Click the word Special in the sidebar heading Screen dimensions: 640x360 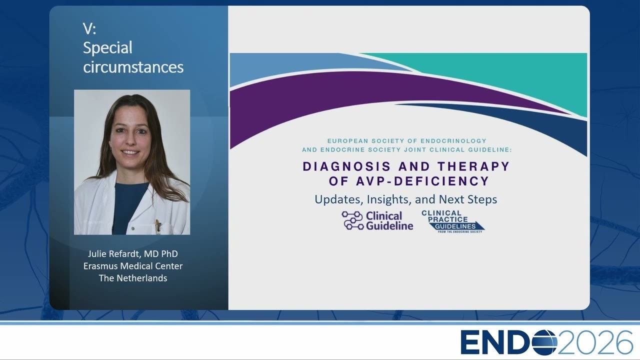(107, 47)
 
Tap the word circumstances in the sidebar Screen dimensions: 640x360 (133, 67)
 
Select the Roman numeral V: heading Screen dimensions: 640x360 (89, 28)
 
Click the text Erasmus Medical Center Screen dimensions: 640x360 (133, 266)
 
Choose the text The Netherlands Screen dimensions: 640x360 (133, 278)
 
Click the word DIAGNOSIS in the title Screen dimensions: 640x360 (346, 166)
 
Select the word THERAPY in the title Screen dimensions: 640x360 (473, 166)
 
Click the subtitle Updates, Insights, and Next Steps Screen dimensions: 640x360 (405, 199)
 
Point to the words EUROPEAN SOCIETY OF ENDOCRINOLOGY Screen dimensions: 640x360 (407, 141)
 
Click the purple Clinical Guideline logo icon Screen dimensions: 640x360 (353, 220)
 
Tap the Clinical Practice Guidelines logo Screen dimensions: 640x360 (453, 221)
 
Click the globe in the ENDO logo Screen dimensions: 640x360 (544, 342)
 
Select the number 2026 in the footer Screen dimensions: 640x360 (595, 342)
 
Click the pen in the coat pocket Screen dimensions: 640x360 (157, 225)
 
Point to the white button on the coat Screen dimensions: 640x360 (133, 228)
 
